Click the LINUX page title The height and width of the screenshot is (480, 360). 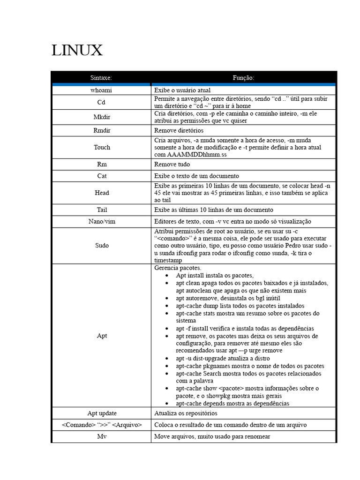(x=77, y=50)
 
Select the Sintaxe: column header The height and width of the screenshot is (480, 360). (x=102, y=78)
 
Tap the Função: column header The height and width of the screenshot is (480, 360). (x=243, y=78)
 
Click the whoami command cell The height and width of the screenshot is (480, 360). (x=102, y=90)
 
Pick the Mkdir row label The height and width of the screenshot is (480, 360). (x=102, y=117)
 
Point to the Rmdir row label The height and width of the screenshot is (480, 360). (x=102, y=130)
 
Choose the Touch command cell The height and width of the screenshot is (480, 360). (x=102, y=147)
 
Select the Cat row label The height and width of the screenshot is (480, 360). (x=102, y=176)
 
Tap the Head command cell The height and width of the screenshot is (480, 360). (x=102, y=193)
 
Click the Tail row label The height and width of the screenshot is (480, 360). (x=102, y=210)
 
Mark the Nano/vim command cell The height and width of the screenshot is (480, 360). (x=102, y=221)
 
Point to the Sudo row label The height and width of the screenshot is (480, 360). (x=102, y=245)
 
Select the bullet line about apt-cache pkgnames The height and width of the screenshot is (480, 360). (x=250, y=366)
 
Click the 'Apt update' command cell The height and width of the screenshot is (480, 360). (x=102, y=413)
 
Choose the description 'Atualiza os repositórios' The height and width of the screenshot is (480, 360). (x=186, y=413)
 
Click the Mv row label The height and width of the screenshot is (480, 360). (x=102, y=436)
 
